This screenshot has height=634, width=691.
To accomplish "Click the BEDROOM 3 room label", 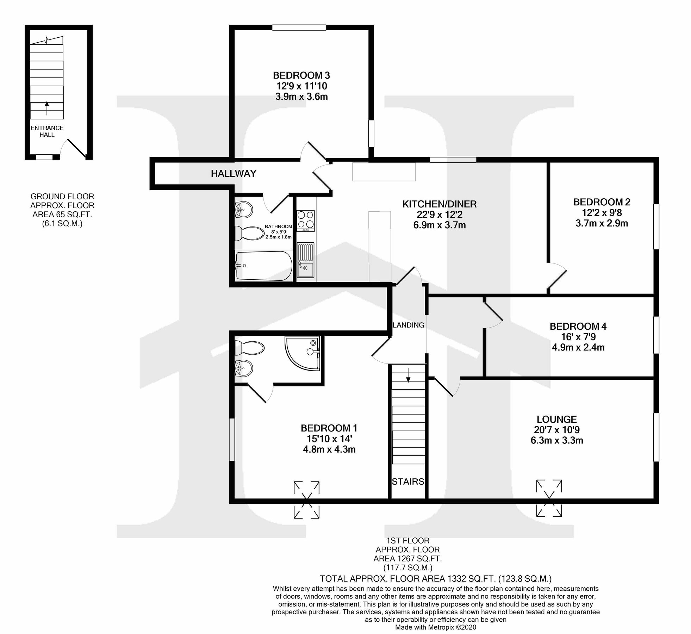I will (x=301, y=75).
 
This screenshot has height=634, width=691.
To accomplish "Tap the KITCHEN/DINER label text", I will (x=439, y=204).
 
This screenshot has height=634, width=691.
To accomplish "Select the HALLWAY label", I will (x=234, y=173).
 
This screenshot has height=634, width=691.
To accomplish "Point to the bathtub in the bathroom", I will (x=263, y=266).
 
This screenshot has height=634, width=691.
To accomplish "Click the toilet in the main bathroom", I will (x=249, y=233).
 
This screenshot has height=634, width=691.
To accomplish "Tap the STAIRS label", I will (x=408, y=481).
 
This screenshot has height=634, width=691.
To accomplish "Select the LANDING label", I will (x=408, y=325).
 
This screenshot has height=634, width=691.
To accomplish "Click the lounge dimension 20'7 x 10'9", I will (x=556, y=430).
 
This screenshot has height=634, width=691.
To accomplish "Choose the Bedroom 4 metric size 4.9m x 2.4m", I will (x=578, y=347).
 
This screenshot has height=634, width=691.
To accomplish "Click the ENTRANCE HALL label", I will (x=47, y=131).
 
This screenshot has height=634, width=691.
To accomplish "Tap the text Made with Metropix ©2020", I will (x=435, y=627).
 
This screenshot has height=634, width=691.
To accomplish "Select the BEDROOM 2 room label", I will (x=602, y=202).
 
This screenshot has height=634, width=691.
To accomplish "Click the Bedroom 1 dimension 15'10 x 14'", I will (x=329, y=439).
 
